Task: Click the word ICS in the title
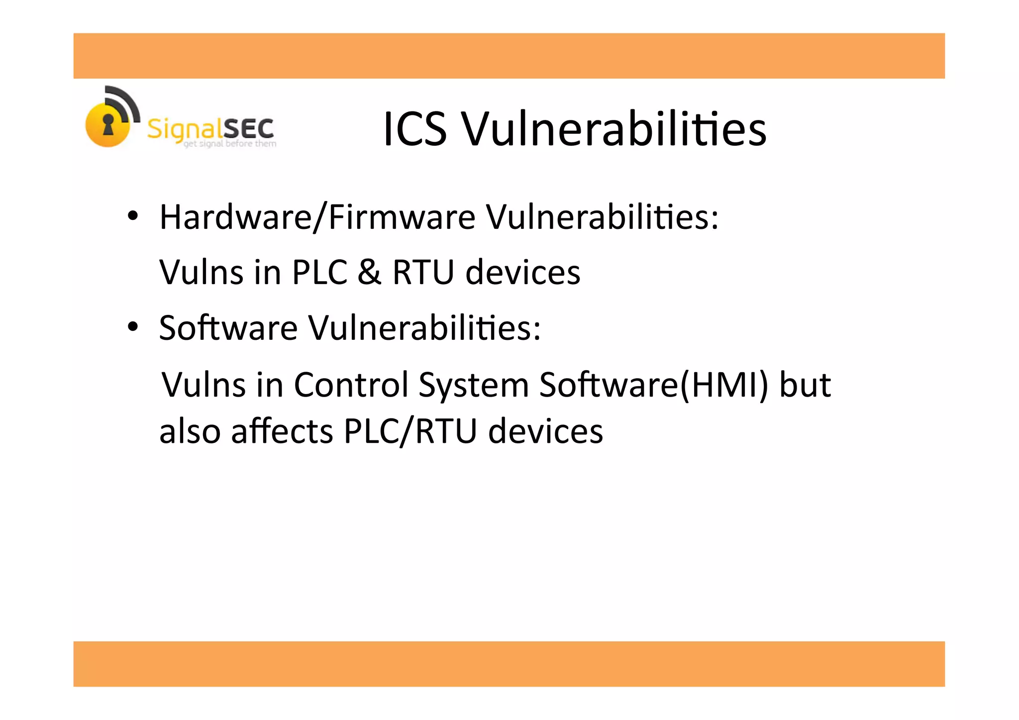pos(415,129)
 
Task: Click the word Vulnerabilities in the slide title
pos(614,129)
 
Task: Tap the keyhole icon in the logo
pos(108,124)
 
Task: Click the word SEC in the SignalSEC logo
pos(248,129)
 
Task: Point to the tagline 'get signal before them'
pos(230,144)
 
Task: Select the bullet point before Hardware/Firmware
pos(132,216)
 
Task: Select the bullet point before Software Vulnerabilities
pos(132,327)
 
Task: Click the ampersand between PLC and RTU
pos(369,272)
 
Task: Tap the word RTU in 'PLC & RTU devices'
pos(423,272)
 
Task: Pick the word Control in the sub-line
pos(350,385)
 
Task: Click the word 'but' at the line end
pos(805,385)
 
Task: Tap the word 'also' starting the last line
pos(190,431)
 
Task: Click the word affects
pos(282,431)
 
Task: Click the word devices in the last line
pos(545,431)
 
